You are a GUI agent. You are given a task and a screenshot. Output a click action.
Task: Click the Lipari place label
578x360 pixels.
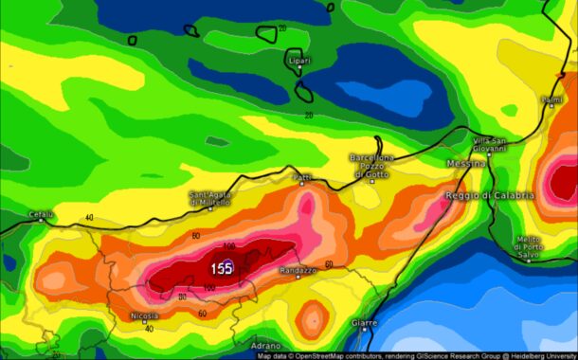[298, 62]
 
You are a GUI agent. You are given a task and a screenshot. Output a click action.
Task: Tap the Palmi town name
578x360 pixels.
[551, 99]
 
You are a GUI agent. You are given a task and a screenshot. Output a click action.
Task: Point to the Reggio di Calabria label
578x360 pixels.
[490, 195]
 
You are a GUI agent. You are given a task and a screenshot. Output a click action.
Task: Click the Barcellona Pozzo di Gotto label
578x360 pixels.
[371, 166]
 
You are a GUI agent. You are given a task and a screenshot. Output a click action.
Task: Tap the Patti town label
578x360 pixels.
[302, 177]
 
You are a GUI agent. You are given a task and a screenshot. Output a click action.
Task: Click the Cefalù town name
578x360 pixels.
[41, 214]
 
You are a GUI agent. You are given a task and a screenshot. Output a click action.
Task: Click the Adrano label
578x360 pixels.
[265, 347]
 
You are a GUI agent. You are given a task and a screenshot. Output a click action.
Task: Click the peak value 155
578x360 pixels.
[223, 268]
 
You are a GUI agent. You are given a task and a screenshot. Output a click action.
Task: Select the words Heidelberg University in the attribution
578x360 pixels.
[540, 356]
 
